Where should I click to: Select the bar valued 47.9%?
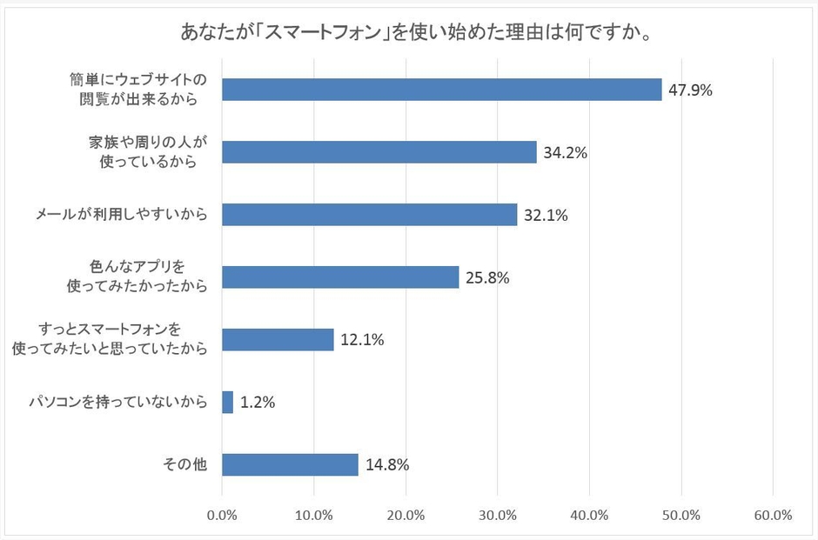pyautogui.click(x=441, y=90)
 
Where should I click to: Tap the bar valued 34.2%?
pyautogui.click(x=379, y=152)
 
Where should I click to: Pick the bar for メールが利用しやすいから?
pyautogui.click(x=369, y=215)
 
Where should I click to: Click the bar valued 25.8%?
pyautogui.click(x=340, y=277)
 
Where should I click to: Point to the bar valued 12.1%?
pyautogui.click(x=278, y=339)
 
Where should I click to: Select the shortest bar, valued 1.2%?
pyautogui.click(x=228, y=402)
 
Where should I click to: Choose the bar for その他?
pyautogui.click(x=290, y=464)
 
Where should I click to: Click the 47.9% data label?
pyautogui.click(x=691, y=90)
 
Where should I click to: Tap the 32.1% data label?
pyautogui.click(x=546, y=215)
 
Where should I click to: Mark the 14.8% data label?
pyautogui.click(x=387, y=464)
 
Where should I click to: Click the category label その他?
pyautogui.click(x=185, y=464)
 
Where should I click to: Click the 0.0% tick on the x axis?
pyautogui.click(x=223, y=515)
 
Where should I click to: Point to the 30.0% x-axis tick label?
pyautogui.click(x=498, y=515)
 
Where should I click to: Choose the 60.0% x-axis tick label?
pyautogui.click(x=773, y=515)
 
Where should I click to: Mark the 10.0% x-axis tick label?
pyautogui.click(x=314, y=515)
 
